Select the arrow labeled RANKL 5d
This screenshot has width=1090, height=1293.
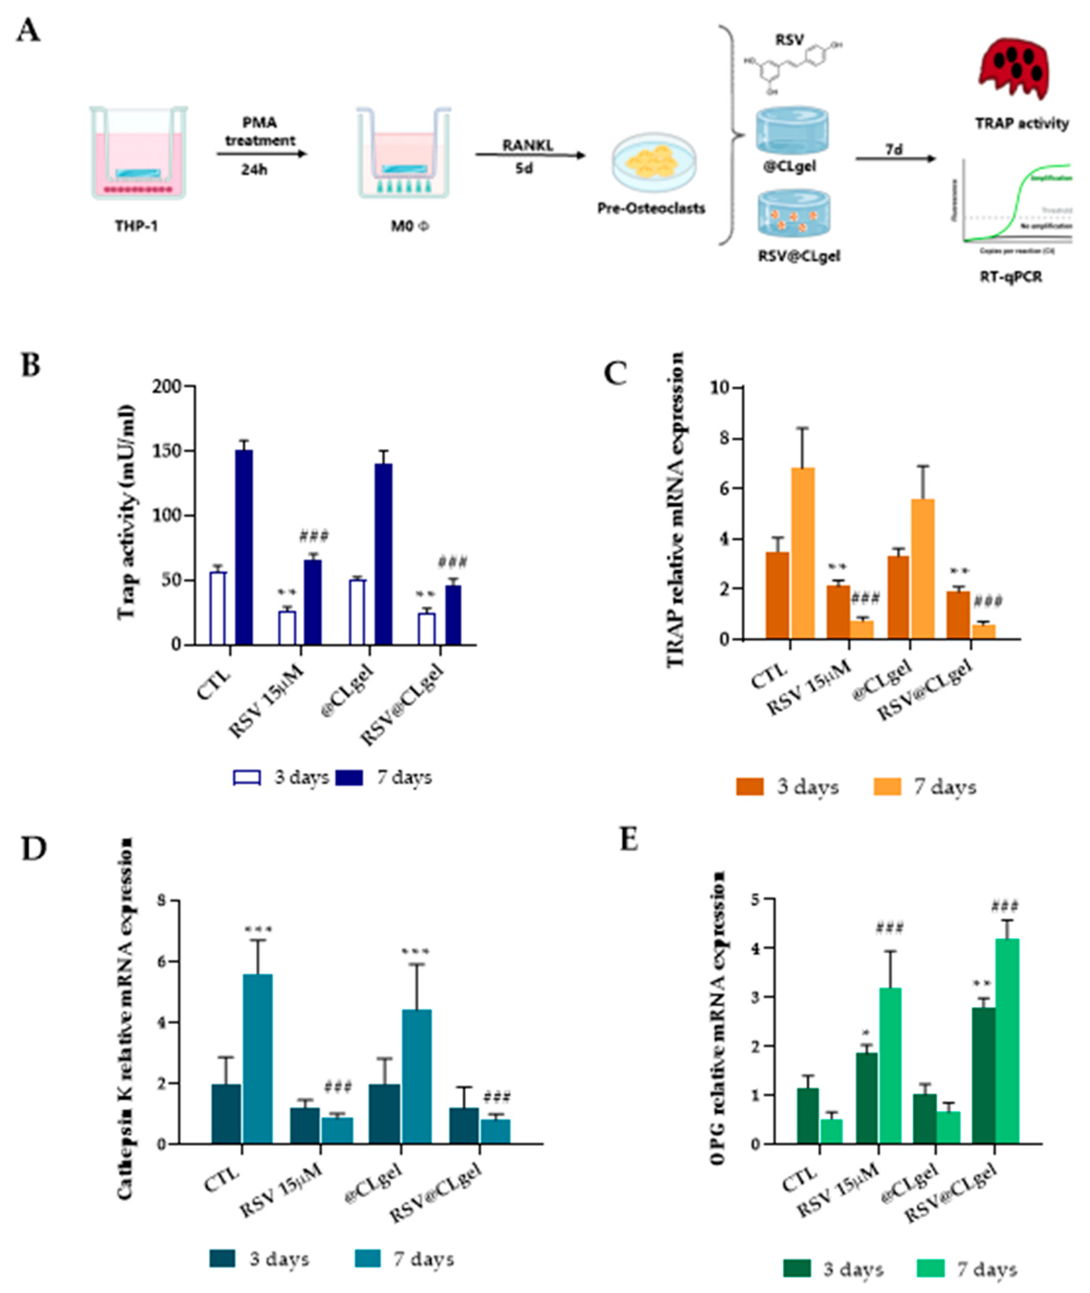[x=529, y=155]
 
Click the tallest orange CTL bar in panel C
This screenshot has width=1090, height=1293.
[x=802, y=553]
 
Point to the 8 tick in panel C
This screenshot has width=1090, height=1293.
[x=720, y=439]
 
